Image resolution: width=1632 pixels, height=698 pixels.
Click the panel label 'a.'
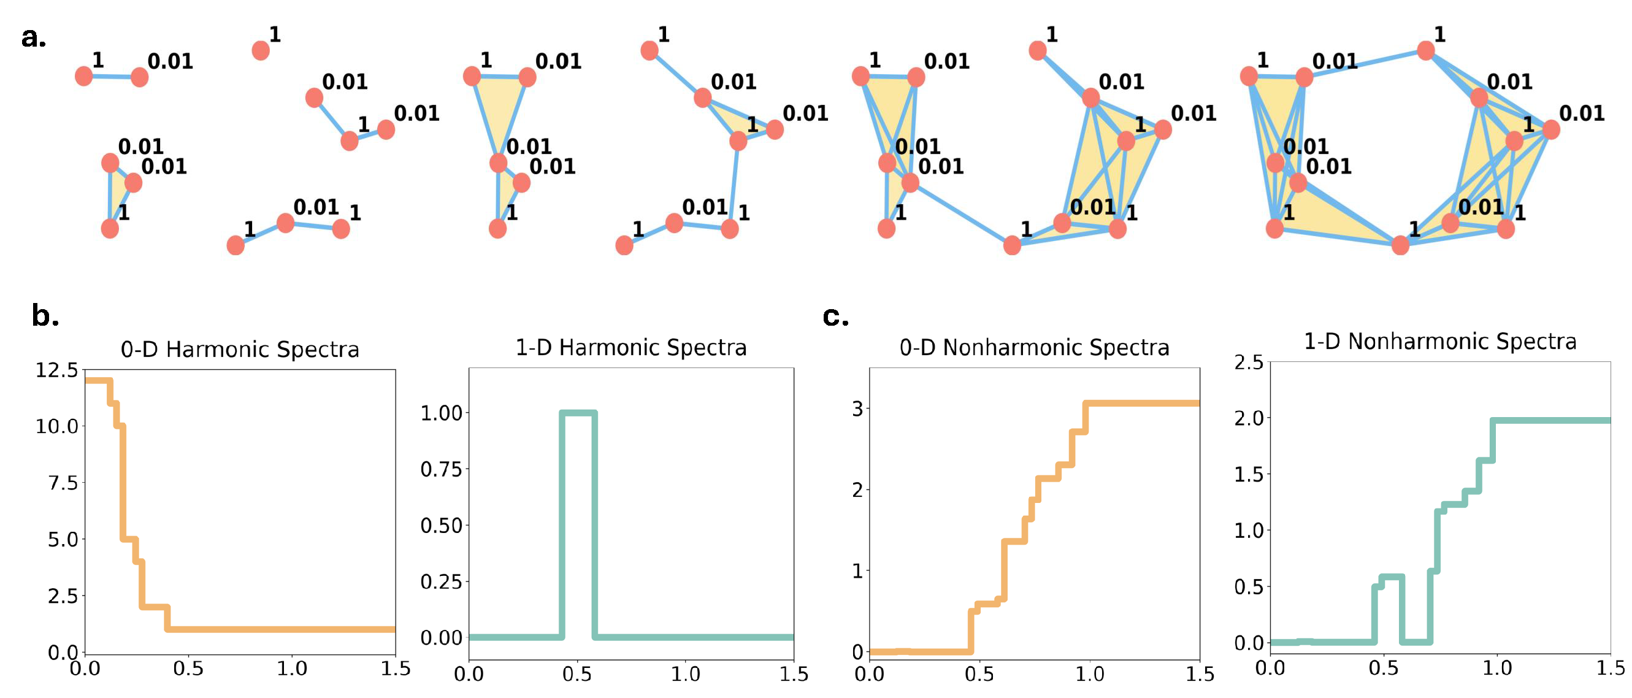point(34,38)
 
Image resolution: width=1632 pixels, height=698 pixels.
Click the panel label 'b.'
point(45,315)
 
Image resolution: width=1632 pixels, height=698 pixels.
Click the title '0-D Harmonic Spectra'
point(239,349)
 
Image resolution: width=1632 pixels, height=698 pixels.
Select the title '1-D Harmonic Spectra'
point(631,347)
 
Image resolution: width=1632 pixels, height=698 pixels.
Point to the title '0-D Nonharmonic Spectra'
point(1034,347)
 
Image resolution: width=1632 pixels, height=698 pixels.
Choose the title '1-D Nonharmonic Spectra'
point(1440,342)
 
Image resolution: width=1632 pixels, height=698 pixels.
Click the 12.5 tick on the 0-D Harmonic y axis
point(56,370)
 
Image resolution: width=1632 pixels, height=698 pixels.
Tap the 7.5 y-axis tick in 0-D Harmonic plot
point(63,483)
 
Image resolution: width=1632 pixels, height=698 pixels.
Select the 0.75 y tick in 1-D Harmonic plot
point(441,469)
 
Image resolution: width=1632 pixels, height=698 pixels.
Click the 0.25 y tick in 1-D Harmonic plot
point(441,581)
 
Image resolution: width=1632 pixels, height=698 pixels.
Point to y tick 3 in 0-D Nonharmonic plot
point(858,408)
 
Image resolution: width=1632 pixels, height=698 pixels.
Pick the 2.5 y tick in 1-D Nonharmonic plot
point(1249,362)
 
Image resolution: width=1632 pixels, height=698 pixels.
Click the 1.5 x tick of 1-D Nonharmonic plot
point(1610,668)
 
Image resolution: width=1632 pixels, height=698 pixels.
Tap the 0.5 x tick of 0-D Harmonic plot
point(188,669)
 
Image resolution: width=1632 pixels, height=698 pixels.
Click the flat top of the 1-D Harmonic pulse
point(578,413)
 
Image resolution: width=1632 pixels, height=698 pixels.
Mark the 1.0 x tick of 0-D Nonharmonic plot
point(1090,674)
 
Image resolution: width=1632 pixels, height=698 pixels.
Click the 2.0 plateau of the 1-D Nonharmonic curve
point(1552,421)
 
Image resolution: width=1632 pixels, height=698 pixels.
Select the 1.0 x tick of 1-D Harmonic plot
point(686,674)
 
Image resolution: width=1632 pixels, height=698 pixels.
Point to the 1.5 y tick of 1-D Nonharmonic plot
point(1249,474)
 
